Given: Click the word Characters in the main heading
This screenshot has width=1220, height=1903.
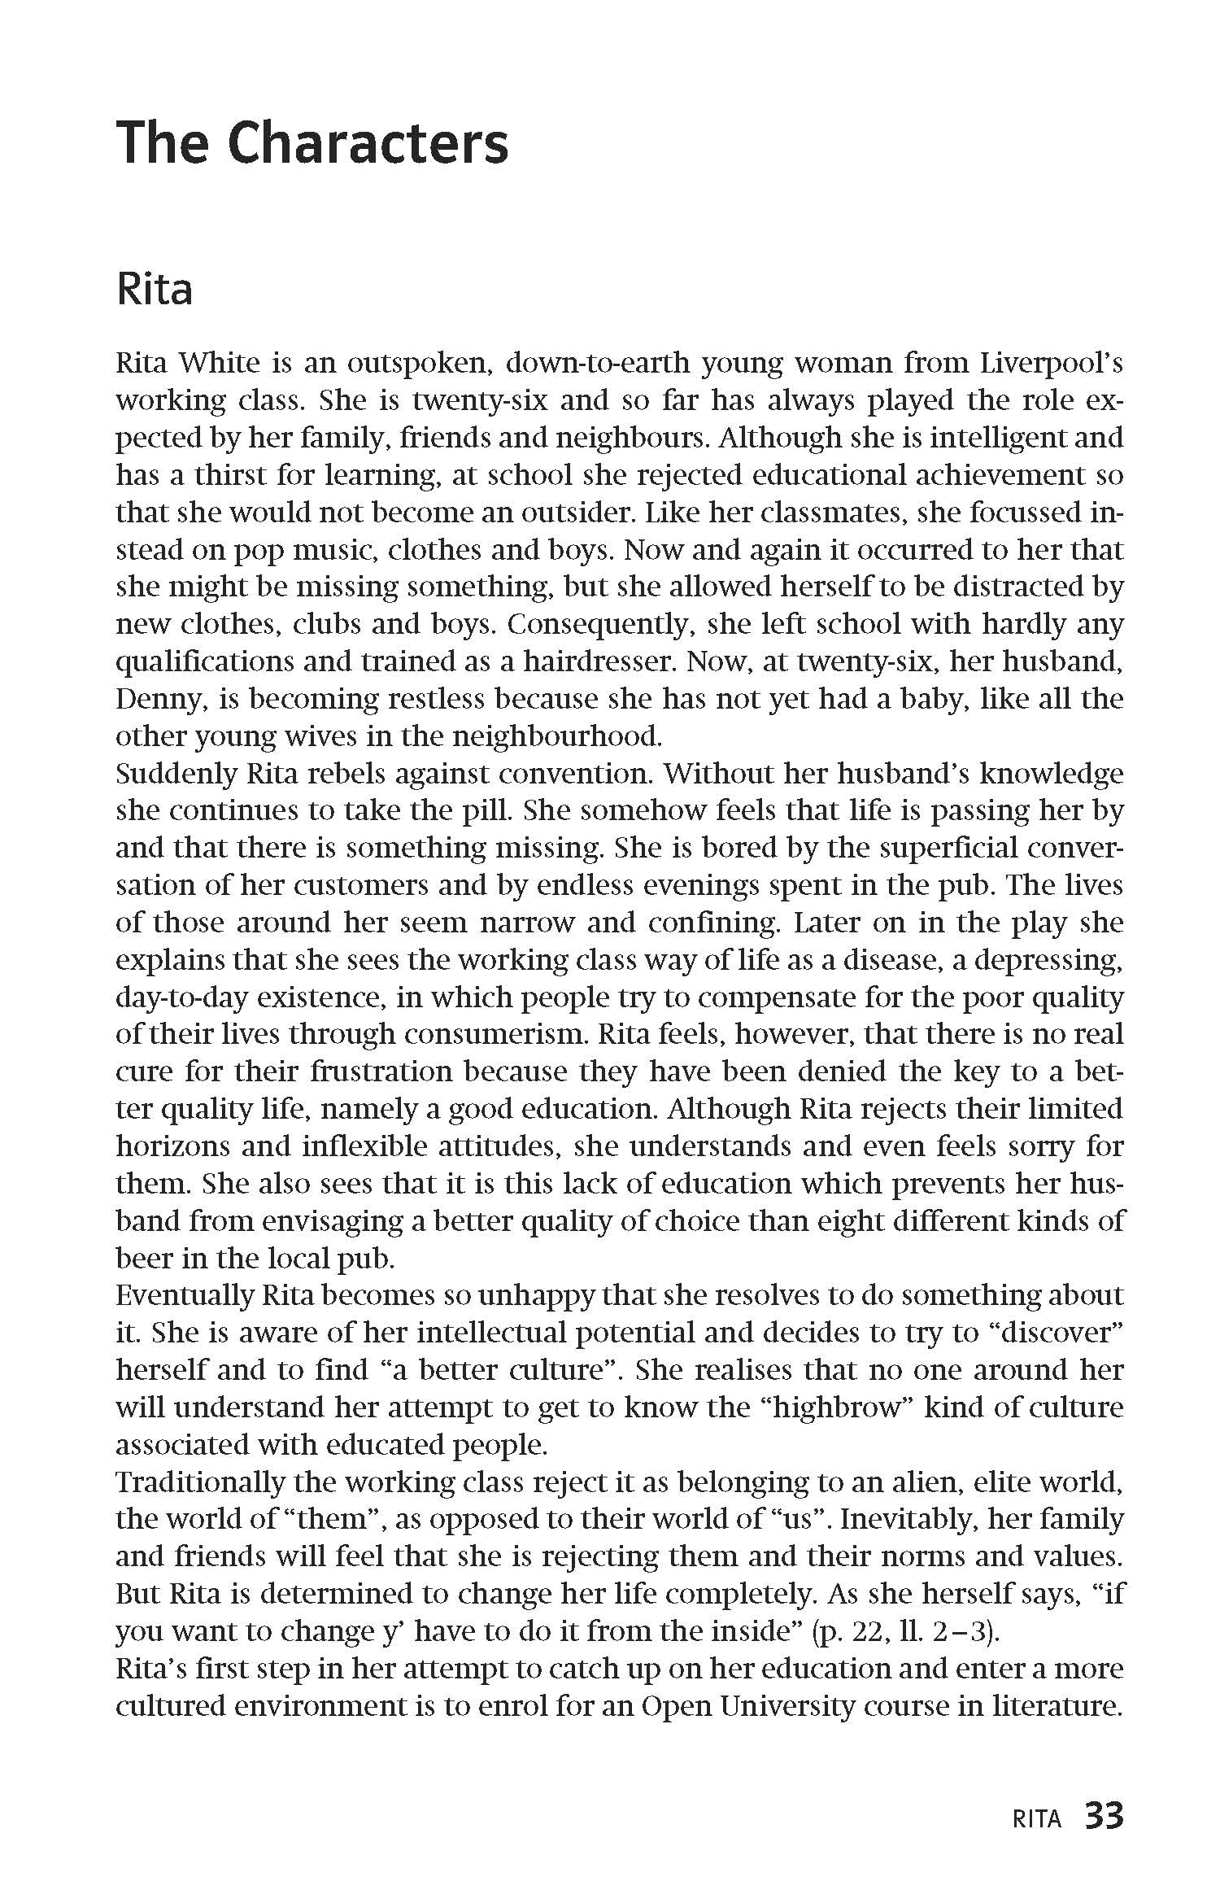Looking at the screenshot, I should [x=368, y=144].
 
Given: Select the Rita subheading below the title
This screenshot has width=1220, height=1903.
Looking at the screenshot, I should [x=155, y=290].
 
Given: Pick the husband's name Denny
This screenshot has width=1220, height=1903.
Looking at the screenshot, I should [x=155, y=699].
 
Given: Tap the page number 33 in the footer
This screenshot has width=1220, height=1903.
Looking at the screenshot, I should [x=1104, y=1835].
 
